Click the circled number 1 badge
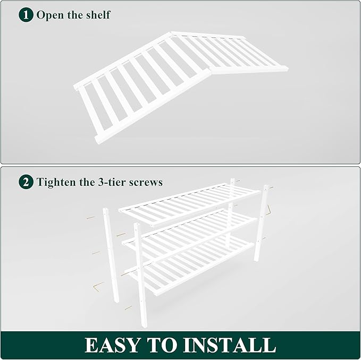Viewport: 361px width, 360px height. point(26,14)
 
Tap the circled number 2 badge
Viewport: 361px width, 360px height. point(26,182)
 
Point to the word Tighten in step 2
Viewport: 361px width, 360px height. point(56,182)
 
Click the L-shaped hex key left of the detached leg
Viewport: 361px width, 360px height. point(96,287)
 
